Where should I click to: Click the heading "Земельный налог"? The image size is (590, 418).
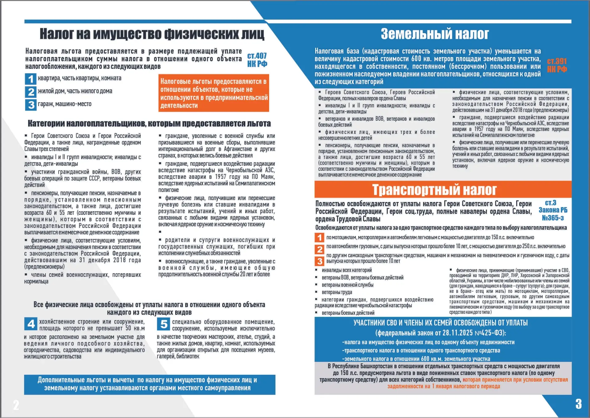coord(435,34)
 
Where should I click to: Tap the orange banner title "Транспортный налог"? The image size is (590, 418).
coord(434,190)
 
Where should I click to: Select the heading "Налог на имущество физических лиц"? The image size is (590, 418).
coord(152,34)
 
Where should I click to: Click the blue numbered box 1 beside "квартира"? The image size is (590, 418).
coord(31,79)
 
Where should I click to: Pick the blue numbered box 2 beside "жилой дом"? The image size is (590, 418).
coord(31,92)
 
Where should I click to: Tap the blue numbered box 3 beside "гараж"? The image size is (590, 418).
coord(31,105)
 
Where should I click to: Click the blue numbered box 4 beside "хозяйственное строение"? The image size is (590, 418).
coord(31,324)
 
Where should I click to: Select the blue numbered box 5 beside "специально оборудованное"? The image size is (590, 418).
coord(164,324)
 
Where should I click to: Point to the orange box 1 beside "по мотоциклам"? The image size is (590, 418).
coord(320,237)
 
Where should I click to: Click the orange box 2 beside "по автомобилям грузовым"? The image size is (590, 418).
coord(320,249)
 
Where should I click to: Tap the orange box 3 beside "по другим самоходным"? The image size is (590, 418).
coord(320,261)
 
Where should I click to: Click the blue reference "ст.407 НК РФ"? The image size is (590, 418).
coord(257,60)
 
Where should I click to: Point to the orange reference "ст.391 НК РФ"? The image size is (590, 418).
coord(557,65)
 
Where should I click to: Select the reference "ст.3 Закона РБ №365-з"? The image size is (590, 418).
coord(553,210)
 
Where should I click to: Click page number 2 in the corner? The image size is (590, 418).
coord(16,405)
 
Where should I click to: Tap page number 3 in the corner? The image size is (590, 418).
coord(578,404)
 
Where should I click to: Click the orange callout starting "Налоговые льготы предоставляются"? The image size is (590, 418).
coord(214,93)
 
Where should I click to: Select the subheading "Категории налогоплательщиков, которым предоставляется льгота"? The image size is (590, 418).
coord(149,123)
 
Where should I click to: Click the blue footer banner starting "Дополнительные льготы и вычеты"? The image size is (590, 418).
coord(149,384)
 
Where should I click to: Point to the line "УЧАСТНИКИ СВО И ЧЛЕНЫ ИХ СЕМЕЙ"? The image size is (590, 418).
coord(440,323)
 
